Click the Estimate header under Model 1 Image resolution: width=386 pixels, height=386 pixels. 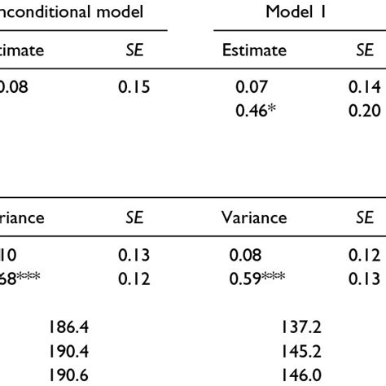(x=254, y=50)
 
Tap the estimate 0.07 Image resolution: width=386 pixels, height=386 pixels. (x=250, y=86)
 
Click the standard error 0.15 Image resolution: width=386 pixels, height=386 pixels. (x=134, y=86)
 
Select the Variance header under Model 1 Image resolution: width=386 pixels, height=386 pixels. (x=254, y=218)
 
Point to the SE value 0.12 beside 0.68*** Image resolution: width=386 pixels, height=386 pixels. (x=134, y=279)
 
